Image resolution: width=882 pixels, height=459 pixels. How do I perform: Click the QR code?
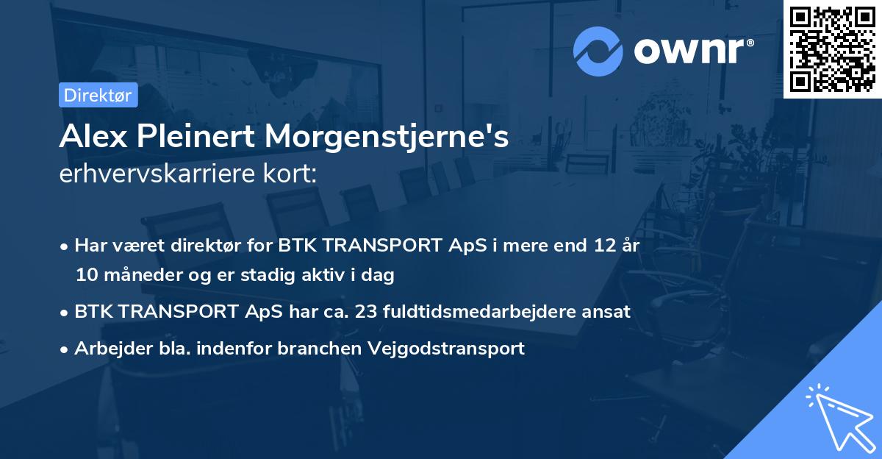(x=833, y=49)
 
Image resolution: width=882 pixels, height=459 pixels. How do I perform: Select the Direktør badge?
(x=98, y=95)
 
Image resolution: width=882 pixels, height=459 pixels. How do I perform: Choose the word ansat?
(x=607, y=311)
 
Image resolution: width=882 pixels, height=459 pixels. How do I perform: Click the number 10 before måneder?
(x=85, y=275)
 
